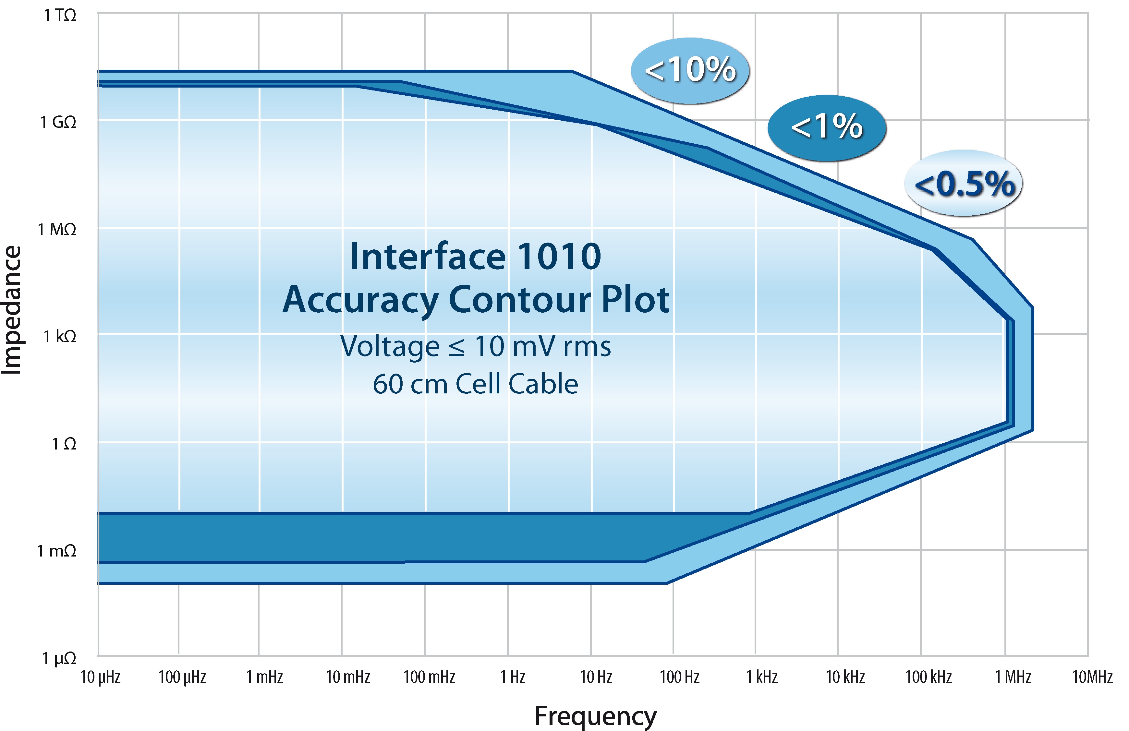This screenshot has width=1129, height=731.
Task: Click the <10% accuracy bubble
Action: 690,70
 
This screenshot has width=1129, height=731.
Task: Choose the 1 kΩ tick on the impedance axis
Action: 60,337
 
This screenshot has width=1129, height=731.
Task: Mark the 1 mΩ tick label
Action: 57,551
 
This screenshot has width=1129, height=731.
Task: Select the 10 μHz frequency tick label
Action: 101,677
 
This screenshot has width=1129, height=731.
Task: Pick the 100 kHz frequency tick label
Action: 928,677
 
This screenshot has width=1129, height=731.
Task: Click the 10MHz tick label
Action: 1092,677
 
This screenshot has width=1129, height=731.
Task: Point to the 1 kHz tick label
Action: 762,677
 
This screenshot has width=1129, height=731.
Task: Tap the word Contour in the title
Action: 520,300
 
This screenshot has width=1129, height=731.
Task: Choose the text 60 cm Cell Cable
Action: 475,384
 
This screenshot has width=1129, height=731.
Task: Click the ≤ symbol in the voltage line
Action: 457,347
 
